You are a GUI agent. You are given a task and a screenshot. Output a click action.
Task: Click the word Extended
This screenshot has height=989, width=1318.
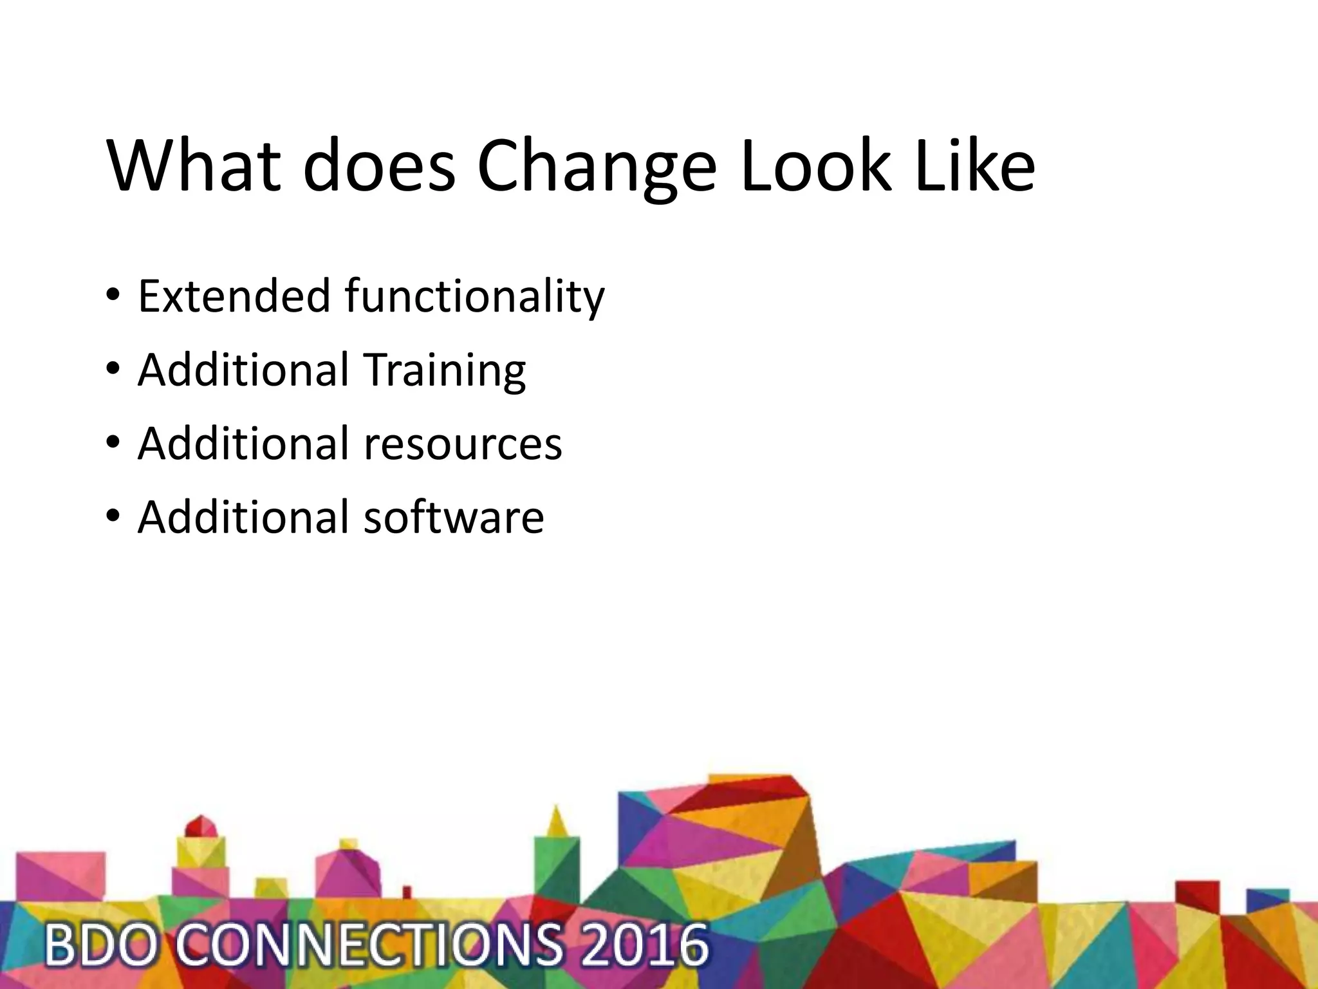point(234,296)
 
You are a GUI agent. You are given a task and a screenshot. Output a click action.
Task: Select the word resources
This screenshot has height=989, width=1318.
point(463,444)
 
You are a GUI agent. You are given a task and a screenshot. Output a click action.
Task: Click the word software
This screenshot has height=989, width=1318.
point(454,517)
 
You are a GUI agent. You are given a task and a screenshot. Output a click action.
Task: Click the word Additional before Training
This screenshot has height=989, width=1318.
point(243,370)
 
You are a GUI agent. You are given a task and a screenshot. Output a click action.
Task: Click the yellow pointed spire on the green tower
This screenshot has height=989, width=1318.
point(557,822)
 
